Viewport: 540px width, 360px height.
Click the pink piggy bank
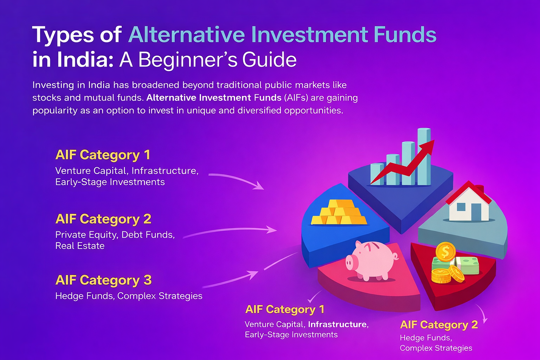tap(371, 260)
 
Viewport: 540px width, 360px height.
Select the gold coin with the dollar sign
tap(445, 252)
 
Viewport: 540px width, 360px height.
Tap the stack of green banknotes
tap(468, 265)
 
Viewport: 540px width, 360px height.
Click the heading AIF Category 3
tap(103, 280)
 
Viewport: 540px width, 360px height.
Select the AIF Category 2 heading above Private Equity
tap(103, 219)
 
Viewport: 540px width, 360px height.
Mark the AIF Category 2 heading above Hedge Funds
tap(439, 324)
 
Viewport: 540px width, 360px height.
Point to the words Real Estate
tap(80, 246)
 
